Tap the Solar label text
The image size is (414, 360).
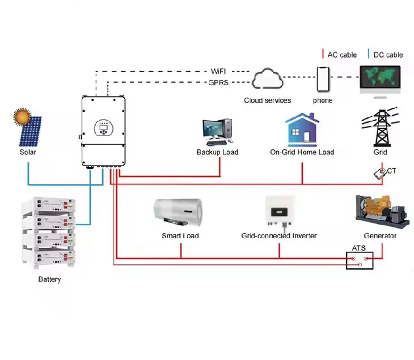[x=28, y=152]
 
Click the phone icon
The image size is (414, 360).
[x=323, y=79]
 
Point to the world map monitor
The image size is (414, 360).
[x=380, y=79]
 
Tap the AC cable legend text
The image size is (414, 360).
[x=342, y=55]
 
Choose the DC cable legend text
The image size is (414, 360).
[x=388, y=55]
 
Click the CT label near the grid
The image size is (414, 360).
[x=391, y=171]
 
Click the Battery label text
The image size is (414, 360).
[x=50, y=279]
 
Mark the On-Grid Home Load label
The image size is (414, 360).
[x=302, y=152]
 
